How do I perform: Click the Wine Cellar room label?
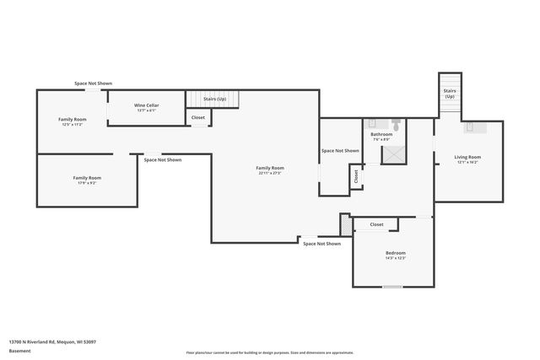pos(147,105)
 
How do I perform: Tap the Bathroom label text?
pos(381,134)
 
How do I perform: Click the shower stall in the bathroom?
pos(392,154)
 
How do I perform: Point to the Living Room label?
pos(467,157)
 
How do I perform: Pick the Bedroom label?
pos(396,253)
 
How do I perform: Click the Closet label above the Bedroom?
pos(376,224)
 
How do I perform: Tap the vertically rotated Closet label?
pos(357,176)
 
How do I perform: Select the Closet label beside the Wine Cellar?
pos(197,117)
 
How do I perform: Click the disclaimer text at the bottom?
pos(270,351)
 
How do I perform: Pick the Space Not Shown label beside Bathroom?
pos(340,151)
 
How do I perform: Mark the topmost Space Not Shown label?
pos(93,83)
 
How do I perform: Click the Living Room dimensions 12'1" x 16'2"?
pos(467,163)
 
